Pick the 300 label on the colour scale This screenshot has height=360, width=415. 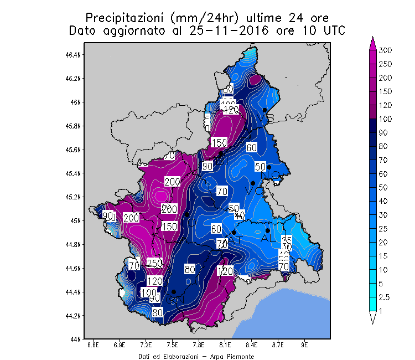386,50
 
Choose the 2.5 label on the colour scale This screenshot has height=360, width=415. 384,297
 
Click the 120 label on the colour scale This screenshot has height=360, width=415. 386,105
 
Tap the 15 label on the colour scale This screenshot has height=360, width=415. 383,256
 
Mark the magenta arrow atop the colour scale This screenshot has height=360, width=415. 373,43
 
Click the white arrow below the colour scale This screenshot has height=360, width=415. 373,317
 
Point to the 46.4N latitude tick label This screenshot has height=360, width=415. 75,55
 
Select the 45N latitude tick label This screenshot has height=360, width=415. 77,221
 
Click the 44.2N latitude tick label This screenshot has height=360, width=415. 75,316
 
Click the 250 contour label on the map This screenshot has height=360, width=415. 154,263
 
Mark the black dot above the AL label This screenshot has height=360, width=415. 268,230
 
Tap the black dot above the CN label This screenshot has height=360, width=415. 174,292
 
